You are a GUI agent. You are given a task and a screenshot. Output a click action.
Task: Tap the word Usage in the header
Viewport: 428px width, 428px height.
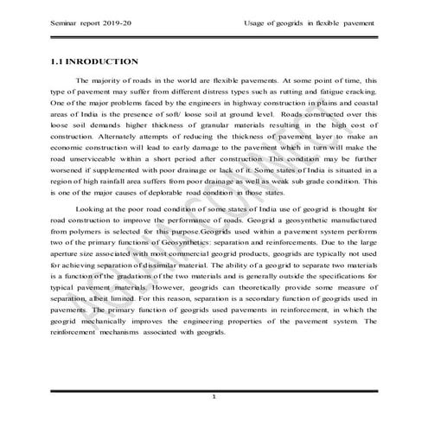(257, 23)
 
